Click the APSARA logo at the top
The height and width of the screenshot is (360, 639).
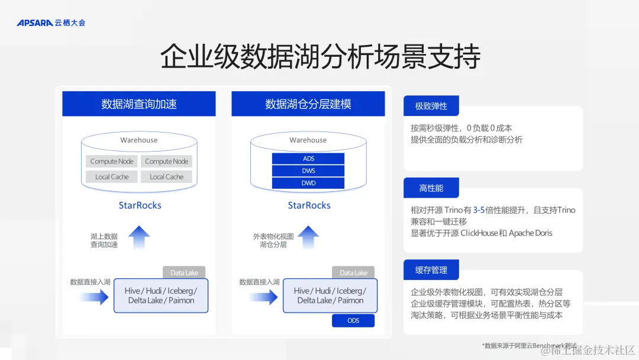pyautogui.click(x=51, y=23)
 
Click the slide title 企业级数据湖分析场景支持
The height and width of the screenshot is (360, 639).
pyautogui.click(x=319, y=57)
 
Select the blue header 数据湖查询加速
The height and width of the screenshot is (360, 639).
pyautogui.click(x=139, y=104)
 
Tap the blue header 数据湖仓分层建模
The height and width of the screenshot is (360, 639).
pyautogui.click(x=308, y=104)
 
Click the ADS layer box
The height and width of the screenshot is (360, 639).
pyautogui.click(x=308, y=159)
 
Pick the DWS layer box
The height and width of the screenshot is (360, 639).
pyautogui.click(x=308, y=171)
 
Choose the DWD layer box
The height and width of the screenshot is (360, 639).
pyautogui.click(x=308, y=183)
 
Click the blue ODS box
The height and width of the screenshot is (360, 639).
pyautogui.click(x=353, y=320)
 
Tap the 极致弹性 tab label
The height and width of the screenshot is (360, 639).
pyautogui.click(x=431, y=106)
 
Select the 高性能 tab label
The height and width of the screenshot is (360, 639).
pyautogui.click(x=431, y=188)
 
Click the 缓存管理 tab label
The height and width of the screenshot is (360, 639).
pyautogui.click(x=431, y=270)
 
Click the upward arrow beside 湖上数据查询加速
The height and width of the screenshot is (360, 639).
pyautogui.click(x=140, y=238)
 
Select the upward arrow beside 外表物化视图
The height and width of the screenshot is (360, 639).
pyautogui.click(x=308, y=238)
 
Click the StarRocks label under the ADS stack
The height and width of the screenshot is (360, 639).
pyautogui.click(x=309, y=205)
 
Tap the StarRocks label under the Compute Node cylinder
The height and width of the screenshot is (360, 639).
pyautogui.click(x=140, y=205)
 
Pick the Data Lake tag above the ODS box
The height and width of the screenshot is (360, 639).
pyautogui.click(x=353, y=273)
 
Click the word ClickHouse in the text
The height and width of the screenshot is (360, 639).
pyautogui.click(x=479, y=233)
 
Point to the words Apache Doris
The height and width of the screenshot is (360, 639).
pyautogui.click(x=531, y=233)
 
